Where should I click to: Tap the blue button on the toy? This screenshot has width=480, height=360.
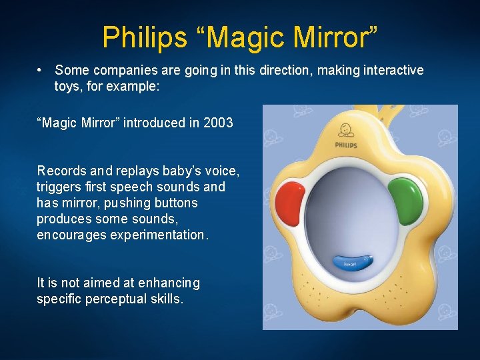coord(351,263)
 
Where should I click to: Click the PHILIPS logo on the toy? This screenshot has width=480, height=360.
coord(347,145)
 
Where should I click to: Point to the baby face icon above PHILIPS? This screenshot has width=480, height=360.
coord(345,130)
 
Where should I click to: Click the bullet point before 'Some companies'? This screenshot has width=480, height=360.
coord(41,70)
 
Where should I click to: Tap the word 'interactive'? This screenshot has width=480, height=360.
coord(393,70)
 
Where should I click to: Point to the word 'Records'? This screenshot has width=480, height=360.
coord(61,171)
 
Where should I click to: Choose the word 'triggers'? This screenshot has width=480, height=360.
coord(58,187)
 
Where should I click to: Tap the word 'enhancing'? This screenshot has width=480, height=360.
coord(171,283)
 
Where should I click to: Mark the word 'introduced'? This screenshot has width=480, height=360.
coord(154,123)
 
